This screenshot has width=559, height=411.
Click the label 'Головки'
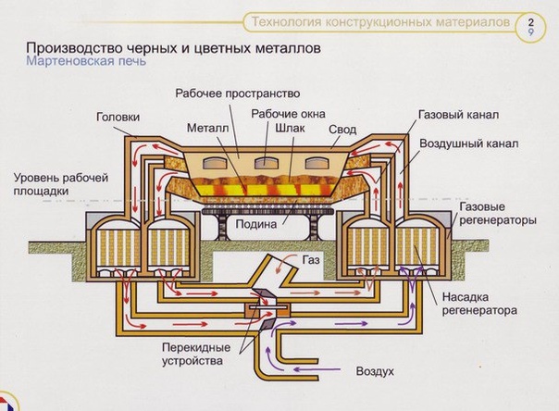(118, 117)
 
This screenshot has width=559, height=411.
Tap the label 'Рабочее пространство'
(238, 93)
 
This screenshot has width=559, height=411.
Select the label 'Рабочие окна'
(288, 114)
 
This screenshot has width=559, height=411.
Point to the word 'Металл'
(208, 128)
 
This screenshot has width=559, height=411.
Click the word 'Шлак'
(290, 128)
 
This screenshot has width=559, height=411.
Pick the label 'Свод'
(342, 130)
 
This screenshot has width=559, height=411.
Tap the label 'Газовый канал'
(458, 115)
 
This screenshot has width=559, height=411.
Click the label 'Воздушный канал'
(469, 143)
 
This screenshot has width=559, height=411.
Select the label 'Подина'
(256, 224)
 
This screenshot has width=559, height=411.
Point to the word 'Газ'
(311, 260)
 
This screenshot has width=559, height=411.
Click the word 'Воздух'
(375, 371)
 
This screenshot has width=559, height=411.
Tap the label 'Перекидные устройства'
(196, 354)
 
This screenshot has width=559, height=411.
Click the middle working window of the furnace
(266, 163)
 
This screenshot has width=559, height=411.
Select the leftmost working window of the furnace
(215, 163)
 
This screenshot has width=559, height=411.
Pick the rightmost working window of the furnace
(317, 163)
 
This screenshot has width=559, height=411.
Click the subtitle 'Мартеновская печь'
(86, 61)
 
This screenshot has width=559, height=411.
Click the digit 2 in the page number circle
(531, 22)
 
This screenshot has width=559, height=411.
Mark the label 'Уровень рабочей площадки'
(60, 184)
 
